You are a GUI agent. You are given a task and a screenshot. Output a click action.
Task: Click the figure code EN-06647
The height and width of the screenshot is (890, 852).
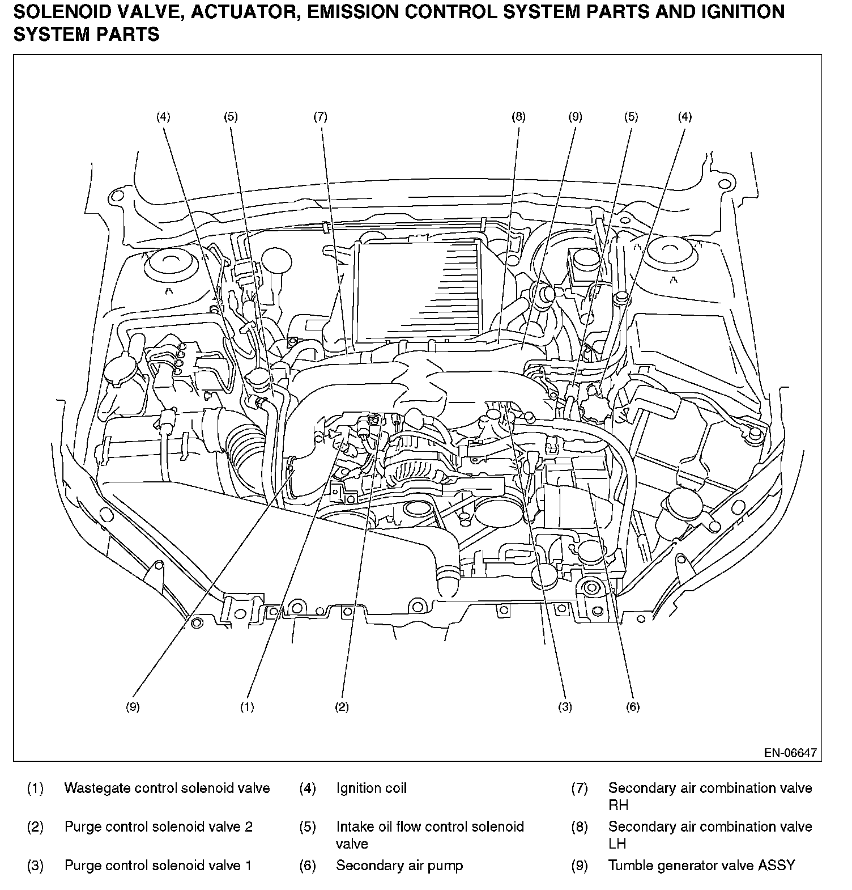[x=790, y=753]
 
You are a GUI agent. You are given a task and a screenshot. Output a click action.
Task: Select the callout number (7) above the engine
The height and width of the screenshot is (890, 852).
[x=320, y=117]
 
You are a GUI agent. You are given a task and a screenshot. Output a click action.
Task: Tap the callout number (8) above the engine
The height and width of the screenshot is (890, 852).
[x=518, y=117]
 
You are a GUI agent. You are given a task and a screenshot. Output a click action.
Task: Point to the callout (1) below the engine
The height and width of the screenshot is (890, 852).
[x=247, y=707]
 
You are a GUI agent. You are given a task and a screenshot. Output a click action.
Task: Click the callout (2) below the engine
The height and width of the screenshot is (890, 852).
[x=342, y=707]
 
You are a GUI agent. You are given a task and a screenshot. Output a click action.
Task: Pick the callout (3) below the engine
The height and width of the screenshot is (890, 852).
[x=565, y=707]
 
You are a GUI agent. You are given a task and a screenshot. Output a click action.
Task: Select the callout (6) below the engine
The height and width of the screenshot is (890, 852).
[x=633, y=707]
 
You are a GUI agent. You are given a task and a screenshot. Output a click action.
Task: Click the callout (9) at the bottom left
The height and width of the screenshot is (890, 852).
[x=133, y=707]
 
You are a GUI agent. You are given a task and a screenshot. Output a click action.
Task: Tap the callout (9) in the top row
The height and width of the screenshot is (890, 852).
[x=575, y=117]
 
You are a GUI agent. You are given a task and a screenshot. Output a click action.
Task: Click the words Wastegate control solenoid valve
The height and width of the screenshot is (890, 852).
[x=167, y=788]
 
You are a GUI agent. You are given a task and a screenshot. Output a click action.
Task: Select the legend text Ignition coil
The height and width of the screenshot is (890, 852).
[x=372, y=788]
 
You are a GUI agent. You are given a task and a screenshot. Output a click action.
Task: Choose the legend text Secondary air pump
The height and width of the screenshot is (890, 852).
[x=399, y=866]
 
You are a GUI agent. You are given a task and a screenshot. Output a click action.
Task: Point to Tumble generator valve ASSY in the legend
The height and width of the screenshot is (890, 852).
[x=701, y=866]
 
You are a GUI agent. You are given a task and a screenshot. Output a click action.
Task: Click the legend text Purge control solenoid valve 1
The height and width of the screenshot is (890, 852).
[x=158, y=866]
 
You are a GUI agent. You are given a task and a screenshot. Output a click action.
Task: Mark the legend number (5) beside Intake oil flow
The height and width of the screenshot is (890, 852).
[x=308, y=827]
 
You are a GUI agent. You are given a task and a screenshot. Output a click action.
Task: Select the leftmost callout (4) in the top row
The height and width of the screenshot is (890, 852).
[x=163, y=117]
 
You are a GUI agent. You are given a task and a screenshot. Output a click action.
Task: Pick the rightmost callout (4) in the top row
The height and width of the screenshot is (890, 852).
[x=685, y=117]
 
